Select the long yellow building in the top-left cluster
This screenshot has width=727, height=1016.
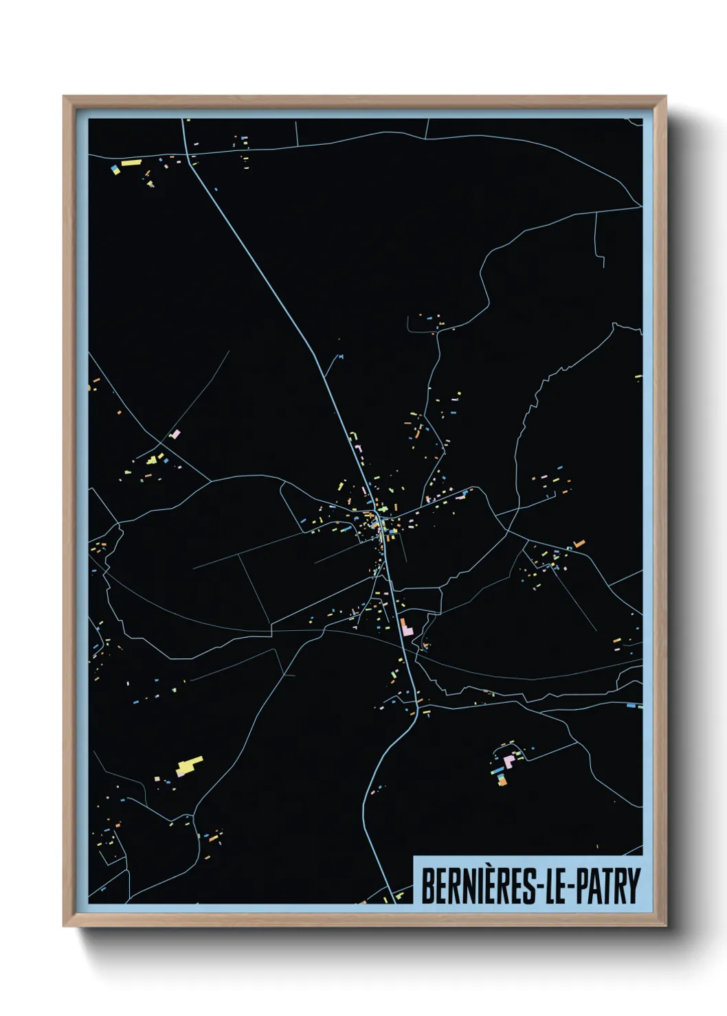click(x=131, y=163)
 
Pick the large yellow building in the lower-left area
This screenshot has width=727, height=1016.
click(x=190, y=763)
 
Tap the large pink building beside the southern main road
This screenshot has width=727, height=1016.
click(x=405, y=627)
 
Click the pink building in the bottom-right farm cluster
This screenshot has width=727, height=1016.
click(x=509, y=761)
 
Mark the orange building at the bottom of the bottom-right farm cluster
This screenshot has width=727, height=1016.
click(x=502, y=781)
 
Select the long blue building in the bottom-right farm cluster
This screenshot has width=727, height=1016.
click(x=497, y=771)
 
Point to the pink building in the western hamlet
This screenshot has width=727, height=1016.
click(x=175, y=434)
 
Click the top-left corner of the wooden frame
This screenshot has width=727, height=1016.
click(x=65, y=97)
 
